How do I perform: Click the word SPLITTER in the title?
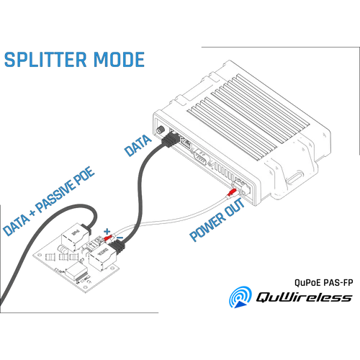(45, 59)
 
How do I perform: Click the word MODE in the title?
(119, 59)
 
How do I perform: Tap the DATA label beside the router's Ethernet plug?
(138, 145)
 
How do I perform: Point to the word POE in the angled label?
(84, 176)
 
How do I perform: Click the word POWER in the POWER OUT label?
(207, 227)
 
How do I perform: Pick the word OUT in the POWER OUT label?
(235, 207)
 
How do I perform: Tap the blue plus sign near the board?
(107, 232)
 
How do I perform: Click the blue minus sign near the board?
(120, 238)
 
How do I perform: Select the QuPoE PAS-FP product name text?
(324, 282)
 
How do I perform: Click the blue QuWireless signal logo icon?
(240, 297)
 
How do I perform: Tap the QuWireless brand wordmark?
(304, 297)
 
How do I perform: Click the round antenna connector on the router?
(160, 130)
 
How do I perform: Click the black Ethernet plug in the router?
(171, 140)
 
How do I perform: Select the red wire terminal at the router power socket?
(231, 192)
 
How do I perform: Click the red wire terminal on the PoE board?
(108, 238)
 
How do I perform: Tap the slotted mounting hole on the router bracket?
(295, 178)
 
